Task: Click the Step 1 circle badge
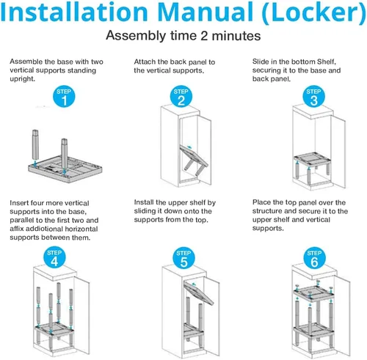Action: pos(64,97)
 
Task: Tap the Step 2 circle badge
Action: pos(181,96)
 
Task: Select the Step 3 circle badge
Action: pos(314,96)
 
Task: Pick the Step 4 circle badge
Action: pos(54,257)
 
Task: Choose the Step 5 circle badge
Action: pos(183,258)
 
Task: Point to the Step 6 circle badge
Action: pos(314,258)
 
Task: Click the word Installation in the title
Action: pos(74,12)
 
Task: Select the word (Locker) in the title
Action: pos(314,13)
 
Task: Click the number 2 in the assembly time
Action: pos(205,36)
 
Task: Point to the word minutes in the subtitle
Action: pos(236,36)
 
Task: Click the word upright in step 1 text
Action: pos(22,79)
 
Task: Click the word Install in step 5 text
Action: pos(144,202)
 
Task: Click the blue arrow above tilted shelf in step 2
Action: pos(189,147)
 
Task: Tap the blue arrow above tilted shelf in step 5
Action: pos(194,284)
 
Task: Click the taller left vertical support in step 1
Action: pos(35,144)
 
